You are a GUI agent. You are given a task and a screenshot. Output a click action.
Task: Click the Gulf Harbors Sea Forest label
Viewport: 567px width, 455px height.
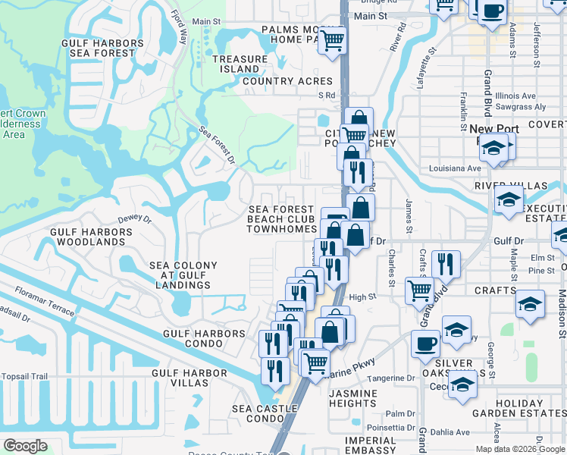[106, 49]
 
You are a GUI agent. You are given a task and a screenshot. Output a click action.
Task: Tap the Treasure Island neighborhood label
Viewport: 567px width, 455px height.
[240, 64]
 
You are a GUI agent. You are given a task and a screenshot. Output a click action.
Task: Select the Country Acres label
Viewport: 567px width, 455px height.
[287, 81]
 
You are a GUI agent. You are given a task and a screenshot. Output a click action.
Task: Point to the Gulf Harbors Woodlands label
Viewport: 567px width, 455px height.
[87, 237]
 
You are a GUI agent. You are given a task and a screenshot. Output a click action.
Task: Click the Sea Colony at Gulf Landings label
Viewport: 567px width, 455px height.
[183, 275]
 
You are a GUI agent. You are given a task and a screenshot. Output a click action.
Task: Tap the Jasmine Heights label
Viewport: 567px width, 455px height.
[353, 398]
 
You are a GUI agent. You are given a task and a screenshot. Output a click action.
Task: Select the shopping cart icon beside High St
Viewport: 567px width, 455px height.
[419, 290]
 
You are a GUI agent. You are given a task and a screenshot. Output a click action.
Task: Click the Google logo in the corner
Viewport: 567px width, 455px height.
[26, 446]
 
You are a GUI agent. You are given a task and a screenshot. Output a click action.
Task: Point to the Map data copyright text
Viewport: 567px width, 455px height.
[519, 449]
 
